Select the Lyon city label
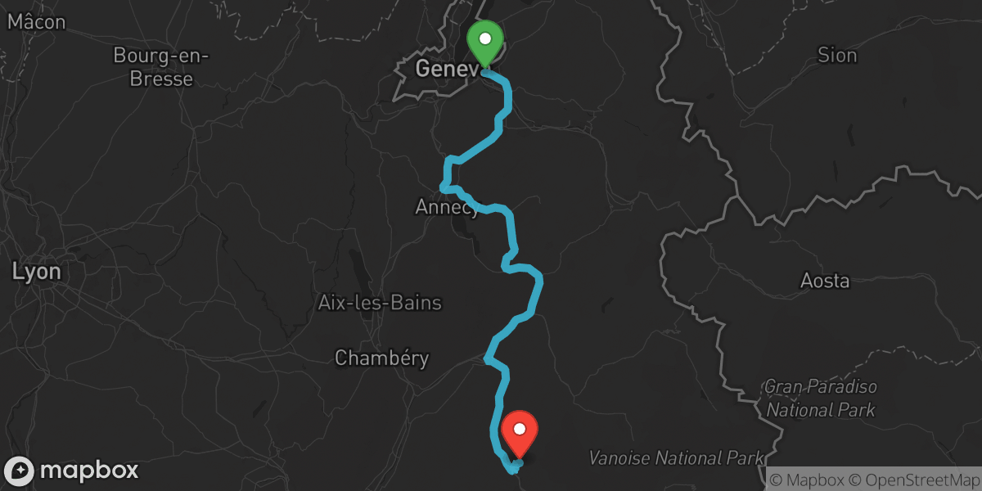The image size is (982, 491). coord(36,272)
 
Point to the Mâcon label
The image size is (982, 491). coord(36,22)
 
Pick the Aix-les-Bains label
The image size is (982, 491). coord(380,304)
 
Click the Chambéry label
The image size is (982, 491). coord(382,358)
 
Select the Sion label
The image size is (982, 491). coord(837,56)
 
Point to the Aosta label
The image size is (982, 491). coord(824,282)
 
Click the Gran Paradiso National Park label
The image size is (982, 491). coord(820,398)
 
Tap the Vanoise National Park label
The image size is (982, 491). coord(676,457)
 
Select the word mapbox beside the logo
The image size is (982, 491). coord(89,471)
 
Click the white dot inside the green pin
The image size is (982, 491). coord(484,38)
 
